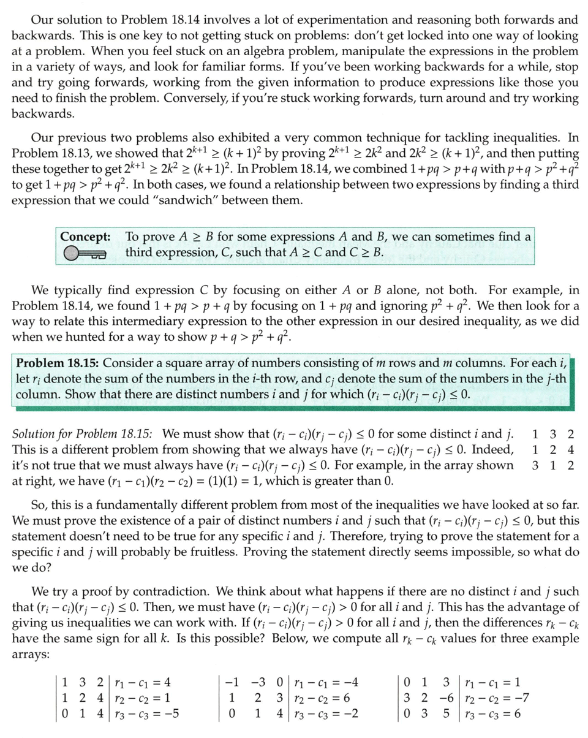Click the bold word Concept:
85,237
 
